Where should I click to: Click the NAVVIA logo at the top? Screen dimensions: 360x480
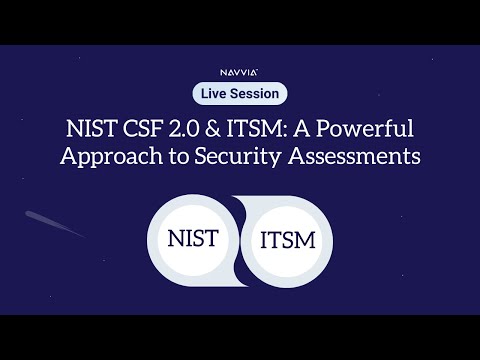click(240, 72)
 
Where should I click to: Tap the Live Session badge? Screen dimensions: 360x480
click(240, 93)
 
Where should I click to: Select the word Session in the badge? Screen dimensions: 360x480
click(256, 93)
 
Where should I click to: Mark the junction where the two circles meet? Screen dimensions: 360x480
click(240, 240)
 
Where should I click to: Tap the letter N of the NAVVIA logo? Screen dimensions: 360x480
click(224, 72)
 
